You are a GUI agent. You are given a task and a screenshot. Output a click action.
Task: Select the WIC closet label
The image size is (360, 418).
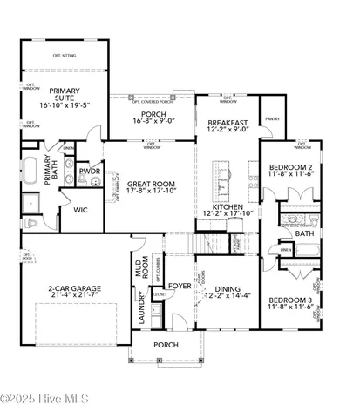(x=80, y=210)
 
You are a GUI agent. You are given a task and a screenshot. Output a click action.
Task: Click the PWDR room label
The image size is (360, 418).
(x=89, y=172)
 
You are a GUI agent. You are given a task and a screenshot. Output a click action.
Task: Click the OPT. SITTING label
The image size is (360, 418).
(x=64, y=53)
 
